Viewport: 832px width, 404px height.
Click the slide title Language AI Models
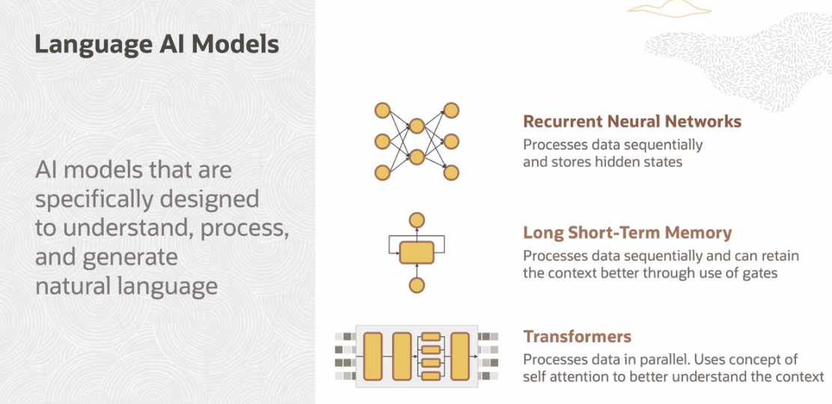(x=157, y=45)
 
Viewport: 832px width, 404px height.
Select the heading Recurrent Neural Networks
(x=632, y=121)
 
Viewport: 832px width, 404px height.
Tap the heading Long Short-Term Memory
(x=628, y=233)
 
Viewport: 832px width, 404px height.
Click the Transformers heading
(x=578, y=337)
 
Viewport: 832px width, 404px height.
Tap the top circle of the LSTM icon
(x=417, y=220)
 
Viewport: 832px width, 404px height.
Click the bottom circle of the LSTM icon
(x=417, y=286)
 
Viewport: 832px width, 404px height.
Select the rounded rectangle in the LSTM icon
(x=417, y=252)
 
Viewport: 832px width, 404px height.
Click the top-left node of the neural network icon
(x=382, y=111)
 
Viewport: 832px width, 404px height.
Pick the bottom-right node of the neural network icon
(x=451, y=173)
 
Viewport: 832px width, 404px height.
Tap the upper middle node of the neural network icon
(x=417, y=126)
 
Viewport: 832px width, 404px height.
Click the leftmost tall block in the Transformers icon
(x=373, y=356)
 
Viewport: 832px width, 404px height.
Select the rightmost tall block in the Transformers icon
(x=460, y=356)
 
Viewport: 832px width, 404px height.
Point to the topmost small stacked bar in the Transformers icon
(x=431, y=337)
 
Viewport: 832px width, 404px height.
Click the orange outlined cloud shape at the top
(x=668, y=7)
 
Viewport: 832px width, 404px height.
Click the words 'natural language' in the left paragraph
(x=126, y=286)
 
